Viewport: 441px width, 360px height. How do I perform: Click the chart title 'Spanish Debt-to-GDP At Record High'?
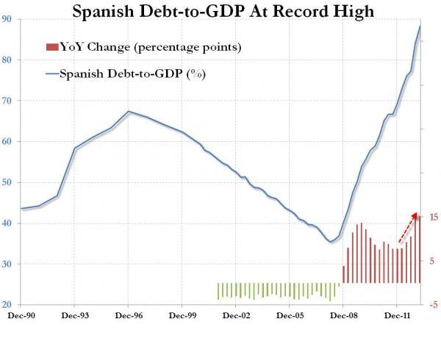click(x=220, y=12)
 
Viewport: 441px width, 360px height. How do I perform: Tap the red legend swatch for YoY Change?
click(x=51, y=48)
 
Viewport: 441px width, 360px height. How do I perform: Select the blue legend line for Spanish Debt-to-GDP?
click(x=51, y=73)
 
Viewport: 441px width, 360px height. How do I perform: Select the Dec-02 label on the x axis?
click(x=235, y=316)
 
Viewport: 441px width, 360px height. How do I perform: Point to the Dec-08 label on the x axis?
click(x=343, y=316)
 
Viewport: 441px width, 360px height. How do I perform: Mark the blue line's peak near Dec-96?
click(x=129, y=112)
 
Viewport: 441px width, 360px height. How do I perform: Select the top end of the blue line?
click(x=420, y=26)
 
